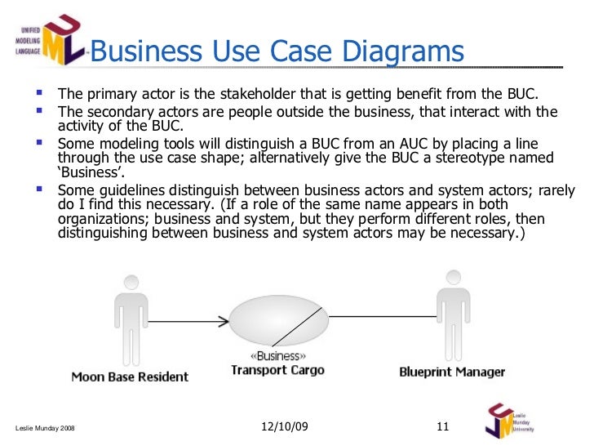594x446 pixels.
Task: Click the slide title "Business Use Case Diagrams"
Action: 277,52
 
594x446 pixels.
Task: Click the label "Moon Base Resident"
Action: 130,377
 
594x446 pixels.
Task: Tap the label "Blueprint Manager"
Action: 452,372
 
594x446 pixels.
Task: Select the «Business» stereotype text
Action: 277,357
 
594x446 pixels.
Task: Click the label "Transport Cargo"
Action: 277,370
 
